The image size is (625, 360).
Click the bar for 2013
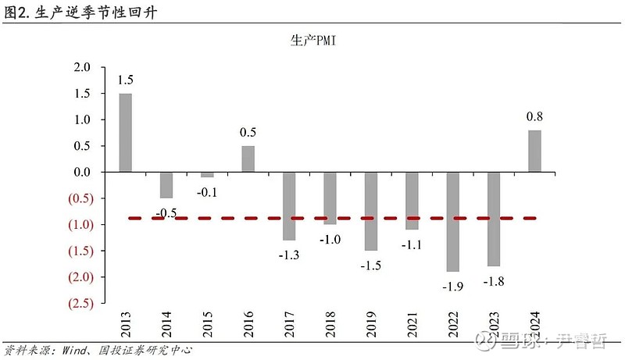pos(125,132)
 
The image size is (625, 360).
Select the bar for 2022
pos(452,221)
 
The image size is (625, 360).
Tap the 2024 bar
pos(534,151)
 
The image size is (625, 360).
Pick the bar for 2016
pos(248,159)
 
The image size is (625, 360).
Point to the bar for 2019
pos(370,211)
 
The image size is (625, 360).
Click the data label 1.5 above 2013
pos(125,80)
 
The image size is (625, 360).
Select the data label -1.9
pos(452,287)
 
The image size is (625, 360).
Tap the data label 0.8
pos(534,117)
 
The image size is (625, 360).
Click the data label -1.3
pos(289,255)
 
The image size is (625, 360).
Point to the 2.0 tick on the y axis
pos(82,67)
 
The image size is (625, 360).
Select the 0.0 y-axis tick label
pos(82,172)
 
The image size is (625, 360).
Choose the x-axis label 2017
pos(289,324)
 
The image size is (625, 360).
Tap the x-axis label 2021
pos(412,324)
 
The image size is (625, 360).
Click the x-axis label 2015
pos(207,324)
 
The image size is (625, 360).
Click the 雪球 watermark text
pos(516,341)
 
